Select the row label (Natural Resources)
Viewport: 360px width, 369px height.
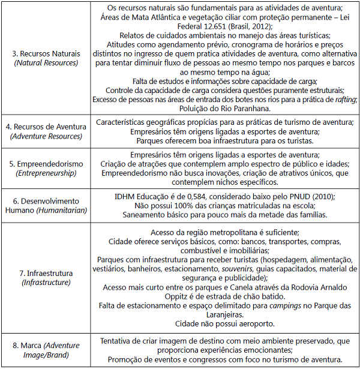click(46, 62)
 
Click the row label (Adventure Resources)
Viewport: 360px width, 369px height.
click(46, 136)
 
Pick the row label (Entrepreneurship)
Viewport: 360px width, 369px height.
click(46, 173)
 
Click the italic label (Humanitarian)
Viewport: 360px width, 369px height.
click(61, 210)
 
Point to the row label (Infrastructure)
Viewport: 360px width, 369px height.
click(46, 282)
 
